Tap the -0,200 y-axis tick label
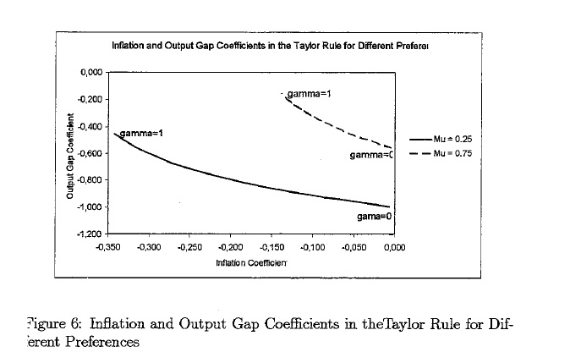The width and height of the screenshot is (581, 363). [x=90, y=100]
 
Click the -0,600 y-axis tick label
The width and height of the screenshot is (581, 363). [x=90, y=153]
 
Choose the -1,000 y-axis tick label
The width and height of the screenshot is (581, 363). [x=90, y=207]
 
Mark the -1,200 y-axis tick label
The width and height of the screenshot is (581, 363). [x=90, y=234]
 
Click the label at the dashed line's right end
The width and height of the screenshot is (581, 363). [x=371, y=155]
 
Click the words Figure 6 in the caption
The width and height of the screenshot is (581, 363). [x=55, y=325]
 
